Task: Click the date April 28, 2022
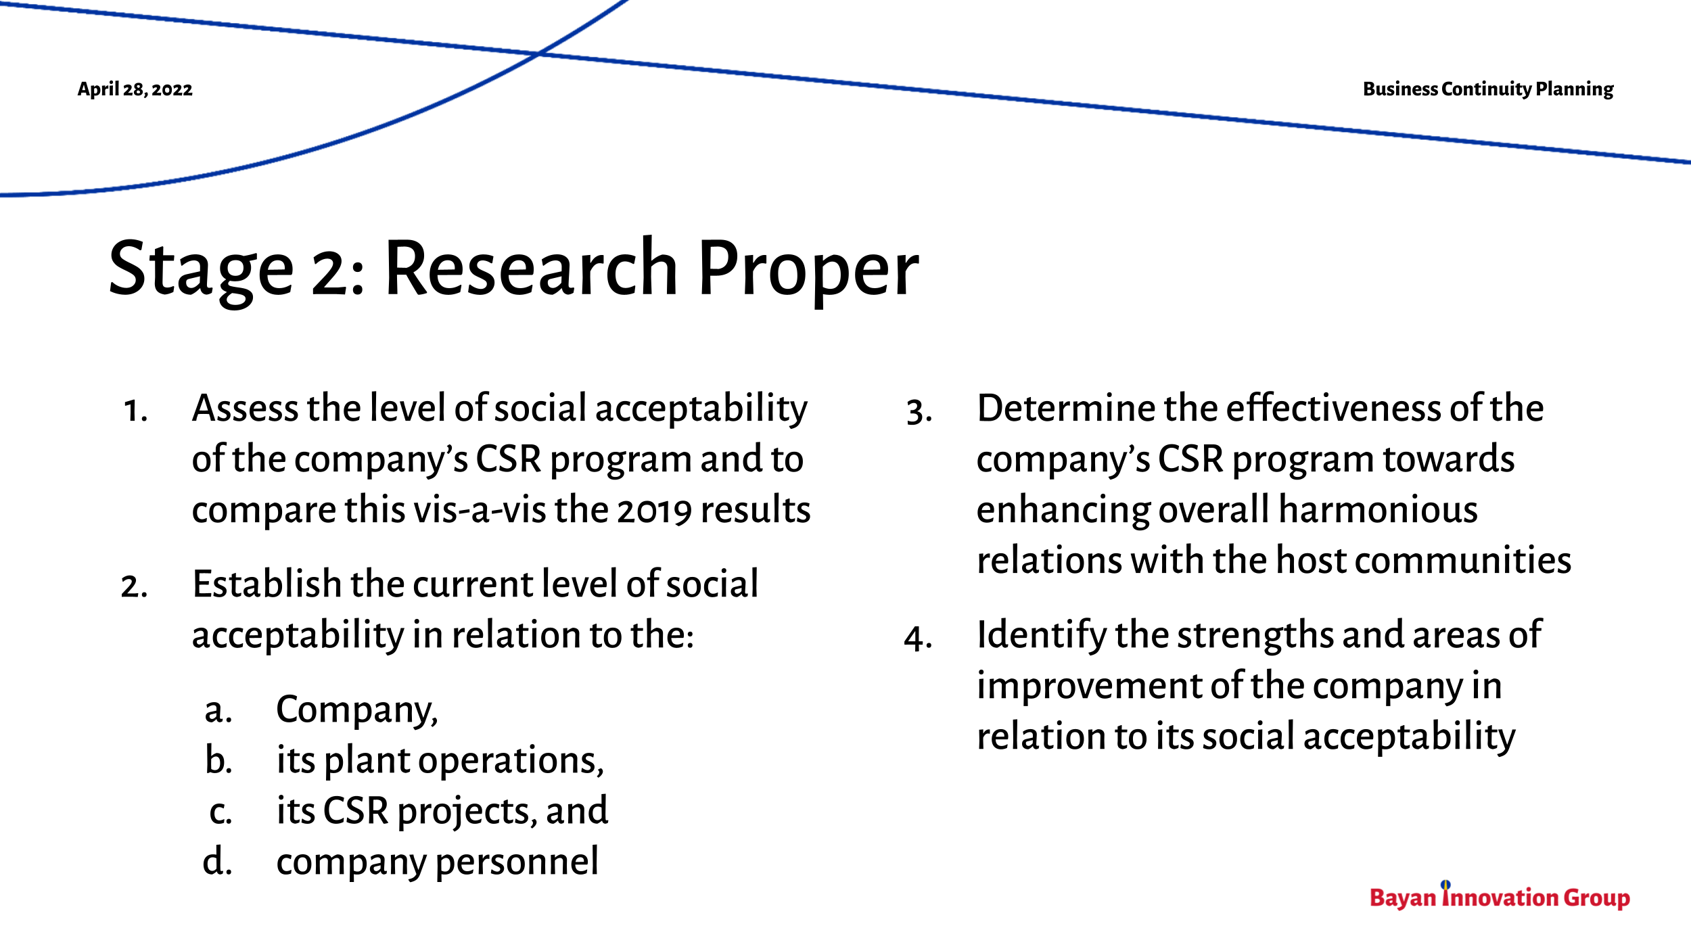pyautogui.click(x=135, y=89)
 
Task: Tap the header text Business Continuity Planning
pyautogui.click(x=1487, y=89)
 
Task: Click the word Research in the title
pyautogui.click(x=531, y=269)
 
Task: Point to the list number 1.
pyautogui.click(x=135, y=411)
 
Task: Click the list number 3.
pyautogui.click(x=919, y=411)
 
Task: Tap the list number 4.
pyautogui.click(x=918, y=638)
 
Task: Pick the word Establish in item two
pyautogui.click(x=266, y=584)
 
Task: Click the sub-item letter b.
pyautogui.click(x=218, y=760)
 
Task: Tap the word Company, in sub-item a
pyautogui.click(x=357, y=711)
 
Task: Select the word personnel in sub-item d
pyautogui.click(x=517, y=862)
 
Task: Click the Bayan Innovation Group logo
pyautogui.click(x=1499, y=897)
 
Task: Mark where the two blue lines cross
pyautogui.click(x=538, y=53)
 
